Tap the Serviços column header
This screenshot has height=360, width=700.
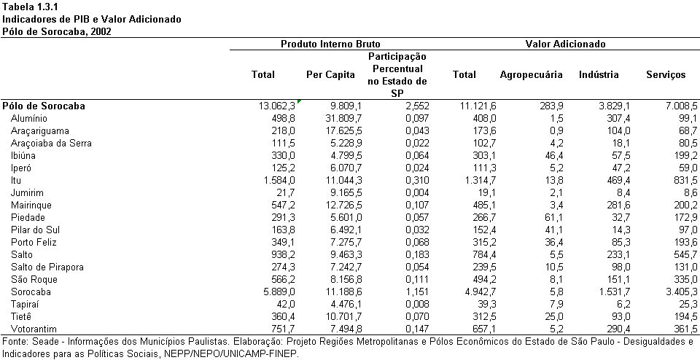666,75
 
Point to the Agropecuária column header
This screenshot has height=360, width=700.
531,75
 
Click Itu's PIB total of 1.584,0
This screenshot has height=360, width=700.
279,181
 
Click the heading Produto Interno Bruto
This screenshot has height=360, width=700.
330,44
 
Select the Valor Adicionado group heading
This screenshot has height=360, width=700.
565,44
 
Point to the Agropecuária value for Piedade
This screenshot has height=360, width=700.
554,218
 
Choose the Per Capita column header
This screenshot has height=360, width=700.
330,75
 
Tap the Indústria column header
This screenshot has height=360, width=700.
599,75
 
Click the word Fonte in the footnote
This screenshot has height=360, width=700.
13,343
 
